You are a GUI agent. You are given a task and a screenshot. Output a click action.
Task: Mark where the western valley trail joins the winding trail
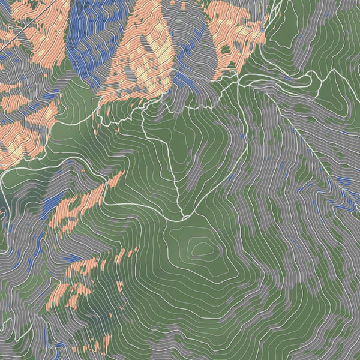(96, 123)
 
